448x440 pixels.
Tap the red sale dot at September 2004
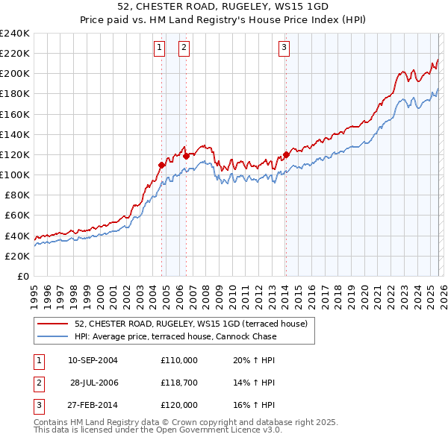[161, 164]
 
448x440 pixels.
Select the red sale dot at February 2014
[286, 155]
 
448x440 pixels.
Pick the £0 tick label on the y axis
[22, 276]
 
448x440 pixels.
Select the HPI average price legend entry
[175, 336]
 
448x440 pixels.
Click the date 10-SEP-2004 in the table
[93, 360]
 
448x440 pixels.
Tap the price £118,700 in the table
[178, 383]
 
